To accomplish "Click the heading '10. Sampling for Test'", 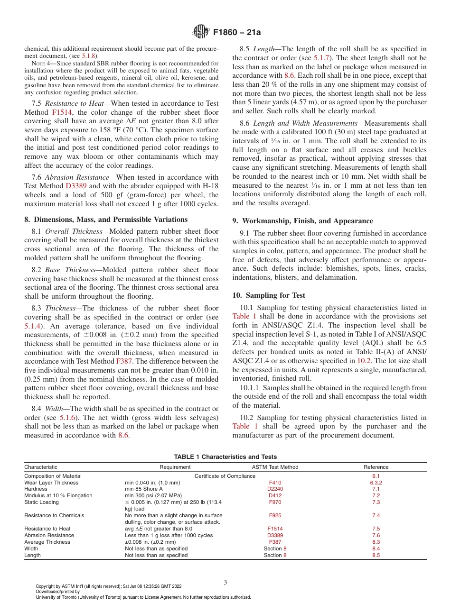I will coord(269,295).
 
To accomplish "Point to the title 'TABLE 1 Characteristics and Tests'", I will coord(225,457).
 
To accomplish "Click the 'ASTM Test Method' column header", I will coord(275,467).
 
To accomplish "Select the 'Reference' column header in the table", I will coord(376,467).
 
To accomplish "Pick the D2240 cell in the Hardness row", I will coord(275,489).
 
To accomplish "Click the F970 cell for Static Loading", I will coord(275,502).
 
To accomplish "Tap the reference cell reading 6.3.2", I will coord(376,483).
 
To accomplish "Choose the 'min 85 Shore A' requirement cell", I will coord(144,489).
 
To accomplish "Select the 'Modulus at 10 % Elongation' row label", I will coord(58,495).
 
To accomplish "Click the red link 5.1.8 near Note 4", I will coord(91,55).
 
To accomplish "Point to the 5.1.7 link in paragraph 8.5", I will coord(321,58).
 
